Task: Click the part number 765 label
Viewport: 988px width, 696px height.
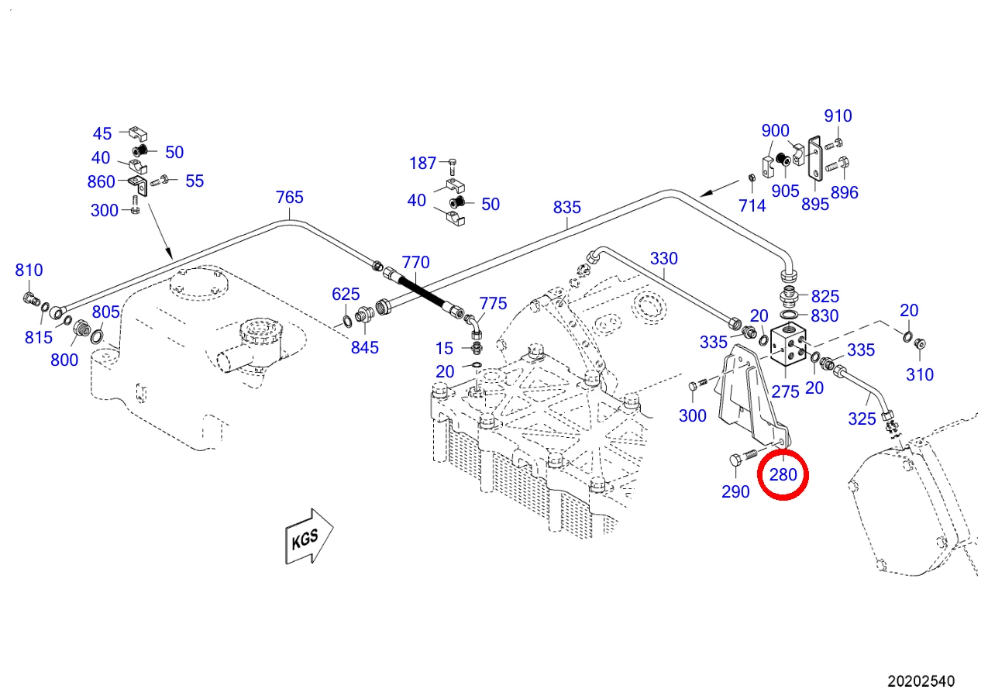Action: (x=290, y=197)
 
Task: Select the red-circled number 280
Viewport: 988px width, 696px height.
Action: (x=783, y=474)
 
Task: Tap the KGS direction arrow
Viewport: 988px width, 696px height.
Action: (x=309, y=536)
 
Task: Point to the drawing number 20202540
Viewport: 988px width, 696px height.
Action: (x=921, y=681)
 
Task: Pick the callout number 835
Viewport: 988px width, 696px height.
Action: (x=567, y=207)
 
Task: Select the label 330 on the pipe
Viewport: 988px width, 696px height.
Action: (x=664, y=258)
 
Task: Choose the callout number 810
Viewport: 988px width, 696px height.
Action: (x=29, y=270)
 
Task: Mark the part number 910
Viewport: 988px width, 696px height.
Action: (x=838, y=116)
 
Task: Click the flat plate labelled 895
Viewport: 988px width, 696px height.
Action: (x=815, y=158)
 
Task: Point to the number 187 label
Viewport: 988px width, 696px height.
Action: (x=422, y=164)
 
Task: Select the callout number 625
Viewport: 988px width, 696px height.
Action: (x=346, y=295)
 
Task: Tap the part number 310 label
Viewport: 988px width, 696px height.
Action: (x=920, y=374)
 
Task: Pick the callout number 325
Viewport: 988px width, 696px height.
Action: (x=862, y=419)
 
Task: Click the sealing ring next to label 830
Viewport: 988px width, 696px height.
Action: (x=789, y=315)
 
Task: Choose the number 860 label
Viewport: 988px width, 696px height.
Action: (x=101, y=181)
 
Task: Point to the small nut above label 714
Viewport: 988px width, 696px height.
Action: (x=752, y=177)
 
